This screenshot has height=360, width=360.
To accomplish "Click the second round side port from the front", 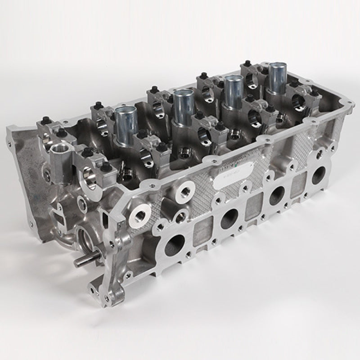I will (x=229, y=219).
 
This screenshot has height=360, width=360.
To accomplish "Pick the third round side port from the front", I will (x=277, y=195).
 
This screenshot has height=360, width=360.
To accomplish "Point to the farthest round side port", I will (x=319, y=175).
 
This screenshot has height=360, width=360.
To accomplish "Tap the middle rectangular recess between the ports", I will (x=255, y=207).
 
